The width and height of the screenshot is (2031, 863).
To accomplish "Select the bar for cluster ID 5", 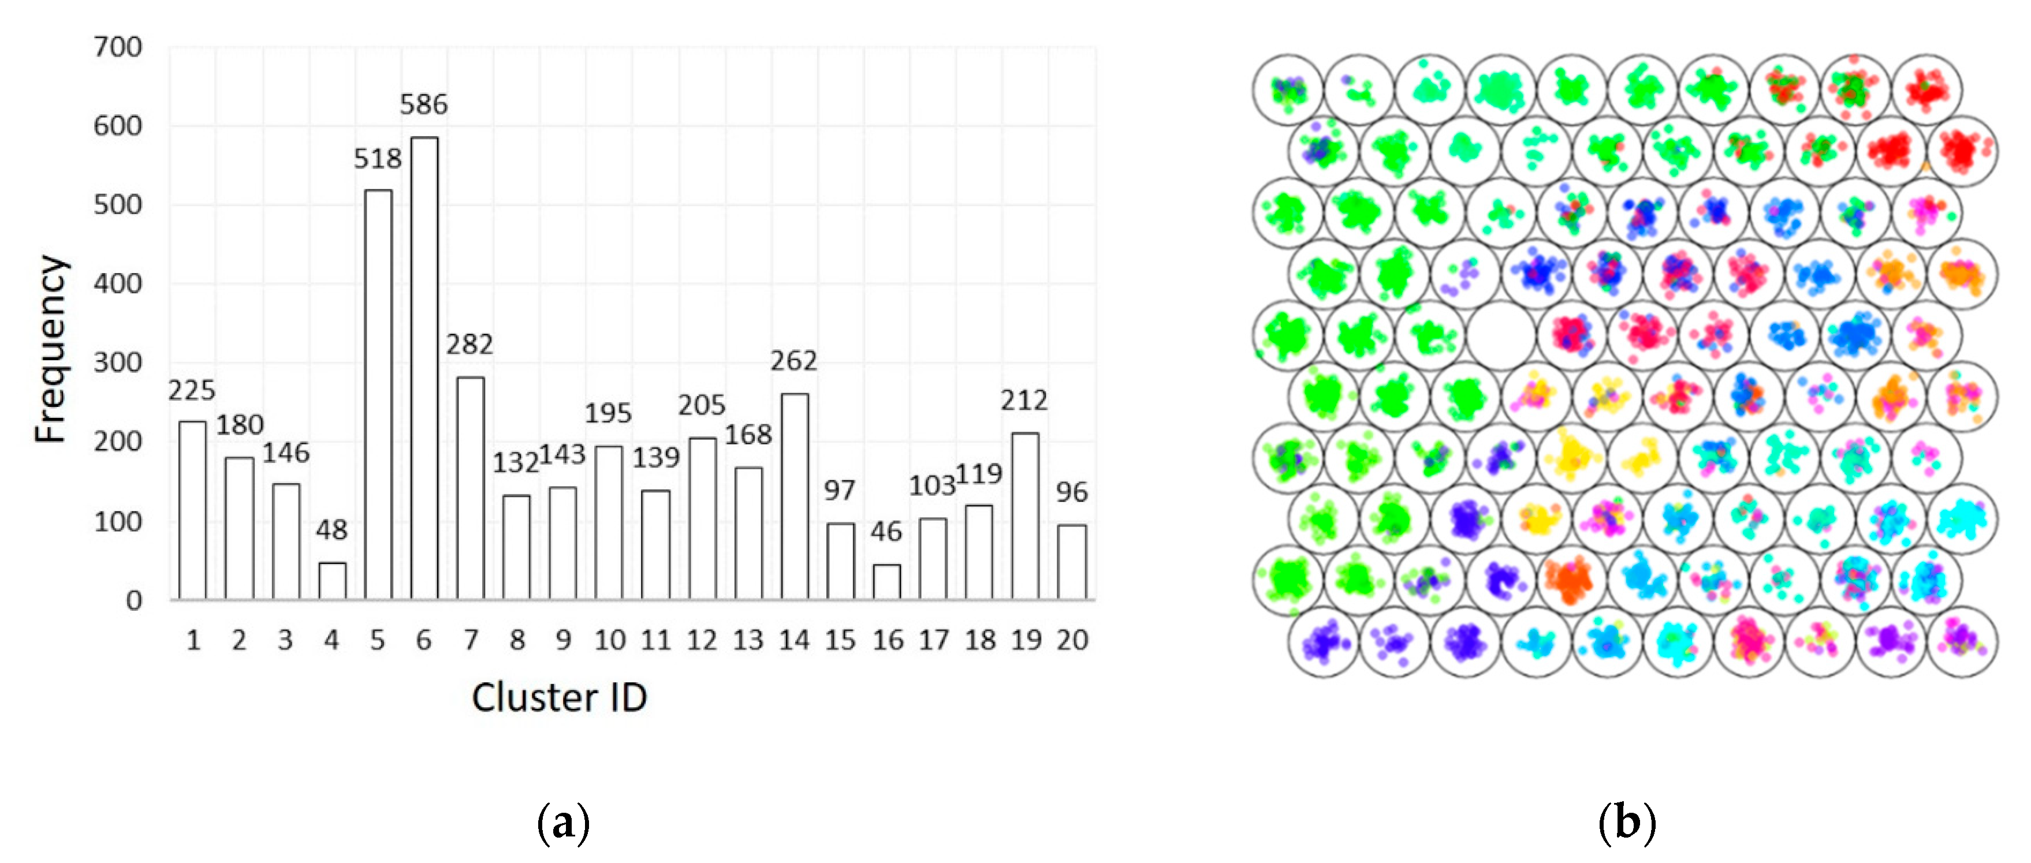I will pos(378,394).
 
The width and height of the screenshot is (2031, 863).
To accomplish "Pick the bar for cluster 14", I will pos(794,496).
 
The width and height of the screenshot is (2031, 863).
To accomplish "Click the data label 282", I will pos(470,345).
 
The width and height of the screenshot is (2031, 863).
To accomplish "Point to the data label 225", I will pos(192,390).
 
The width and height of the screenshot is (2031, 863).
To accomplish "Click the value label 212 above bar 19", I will pos(1024,401).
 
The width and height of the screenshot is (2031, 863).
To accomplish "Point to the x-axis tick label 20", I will pos(1072,640).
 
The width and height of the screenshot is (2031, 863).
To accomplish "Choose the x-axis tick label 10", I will pos(609,640).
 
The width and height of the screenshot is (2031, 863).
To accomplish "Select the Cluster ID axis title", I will pos(559,697).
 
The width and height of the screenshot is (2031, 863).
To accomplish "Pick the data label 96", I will pos(1071,492).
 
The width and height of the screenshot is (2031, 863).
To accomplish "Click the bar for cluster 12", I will pos(702,518).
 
